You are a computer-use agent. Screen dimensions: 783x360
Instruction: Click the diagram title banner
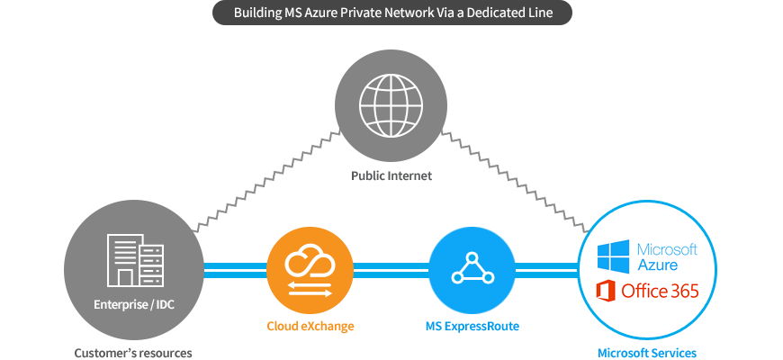tap(392, 13)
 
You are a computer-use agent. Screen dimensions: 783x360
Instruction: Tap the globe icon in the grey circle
tap(391, 105)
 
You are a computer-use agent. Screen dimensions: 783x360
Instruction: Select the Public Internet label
tap(391, 175)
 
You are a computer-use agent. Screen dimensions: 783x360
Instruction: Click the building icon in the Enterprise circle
tap(135, 260)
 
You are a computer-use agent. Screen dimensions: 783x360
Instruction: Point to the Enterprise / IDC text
tap(134, 304)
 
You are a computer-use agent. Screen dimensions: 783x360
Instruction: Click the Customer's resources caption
tap(133, 353)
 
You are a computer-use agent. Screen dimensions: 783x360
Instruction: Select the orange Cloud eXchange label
tap(310, 327)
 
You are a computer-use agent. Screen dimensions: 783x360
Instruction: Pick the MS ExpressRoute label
tap(472, 327)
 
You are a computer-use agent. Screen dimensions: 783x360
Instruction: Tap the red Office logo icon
tap(606, 291)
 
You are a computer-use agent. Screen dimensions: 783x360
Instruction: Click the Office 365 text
tap(660, 291)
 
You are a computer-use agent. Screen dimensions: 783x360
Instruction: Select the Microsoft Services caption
tap(647, 353)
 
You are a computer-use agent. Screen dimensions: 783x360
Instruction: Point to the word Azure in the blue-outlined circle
tap(658, 264)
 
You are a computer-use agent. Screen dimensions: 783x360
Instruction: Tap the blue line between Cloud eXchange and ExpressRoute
tap(391, 271)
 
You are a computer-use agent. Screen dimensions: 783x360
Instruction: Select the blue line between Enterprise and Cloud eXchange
tap(235, 271)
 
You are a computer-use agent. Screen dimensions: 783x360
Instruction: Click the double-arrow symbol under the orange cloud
tap(310, 289)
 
